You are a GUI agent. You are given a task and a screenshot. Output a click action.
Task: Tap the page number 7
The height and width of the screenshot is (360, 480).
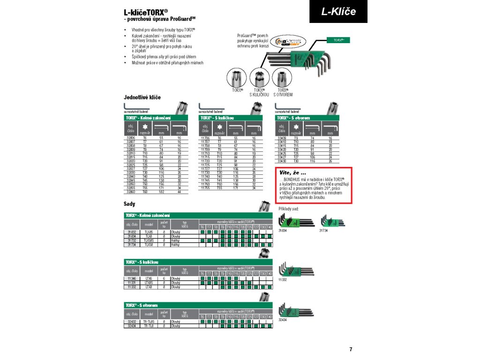[x=351, y=349]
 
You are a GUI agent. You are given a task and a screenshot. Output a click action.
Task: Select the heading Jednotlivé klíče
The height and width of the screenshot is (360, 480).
[x=142, y=97]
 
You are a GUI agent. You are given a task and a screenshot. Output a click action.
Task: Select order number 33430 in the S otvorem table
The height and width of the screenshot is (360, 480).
[x=282, y=161]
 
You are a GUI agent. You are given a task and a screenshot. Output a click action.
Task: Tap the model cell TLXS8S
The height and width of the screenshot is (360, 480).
[x=149, y=240]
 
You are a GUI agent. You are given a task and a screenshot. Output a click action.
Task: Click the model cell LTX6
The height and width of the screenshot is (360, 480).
[x=149, y=278]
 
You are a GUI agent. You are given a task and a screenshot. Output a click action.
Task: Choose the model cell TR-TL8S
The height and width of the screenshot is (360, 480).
[x=149, y=322]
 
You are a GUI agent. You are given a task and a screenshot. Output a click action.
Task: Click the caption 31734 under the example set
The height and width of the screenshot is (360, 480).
[x=324, y=231]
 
